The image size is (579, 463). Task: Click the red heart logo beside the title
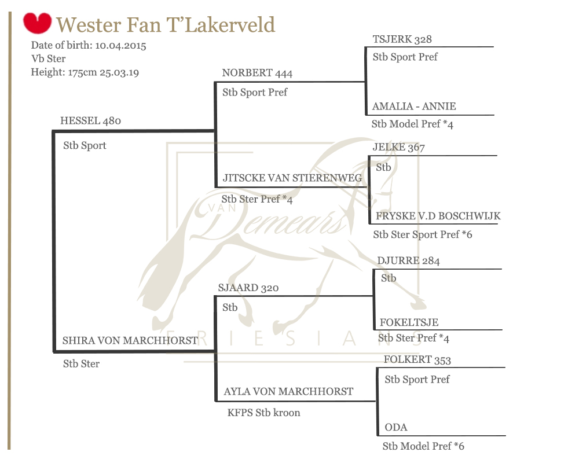38,24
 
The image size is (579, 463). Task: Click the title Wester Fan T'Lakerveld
166,25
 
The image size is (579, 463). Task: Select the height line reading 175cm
85,72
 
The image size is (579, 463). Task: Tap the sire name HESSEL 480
90,121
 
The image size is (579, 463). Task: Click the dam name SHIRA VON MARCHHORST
130,341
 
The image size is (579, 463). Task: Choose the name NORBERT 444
257,73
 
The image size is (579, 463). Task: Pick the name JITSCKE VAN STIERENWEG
292,178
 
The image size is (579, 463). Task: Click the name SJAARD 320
249,288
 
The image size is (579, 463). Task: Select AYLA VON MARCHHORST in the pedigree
288,392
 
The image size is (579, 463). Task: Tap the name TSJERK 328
402,39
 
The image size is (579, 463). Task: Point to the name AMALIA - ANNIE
414,106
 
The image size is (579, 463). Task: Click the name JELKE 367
399,148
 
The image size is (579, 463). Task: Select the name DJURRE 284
408,261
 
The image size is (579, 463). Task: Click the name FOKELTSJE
409,323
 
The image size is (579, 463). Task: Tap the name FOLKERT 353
417,360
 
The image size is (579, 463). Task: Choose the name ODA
396,428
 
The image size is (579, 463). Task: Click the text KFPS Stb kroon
264,413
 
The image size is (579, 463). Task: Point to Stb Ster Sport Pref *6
423,234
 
